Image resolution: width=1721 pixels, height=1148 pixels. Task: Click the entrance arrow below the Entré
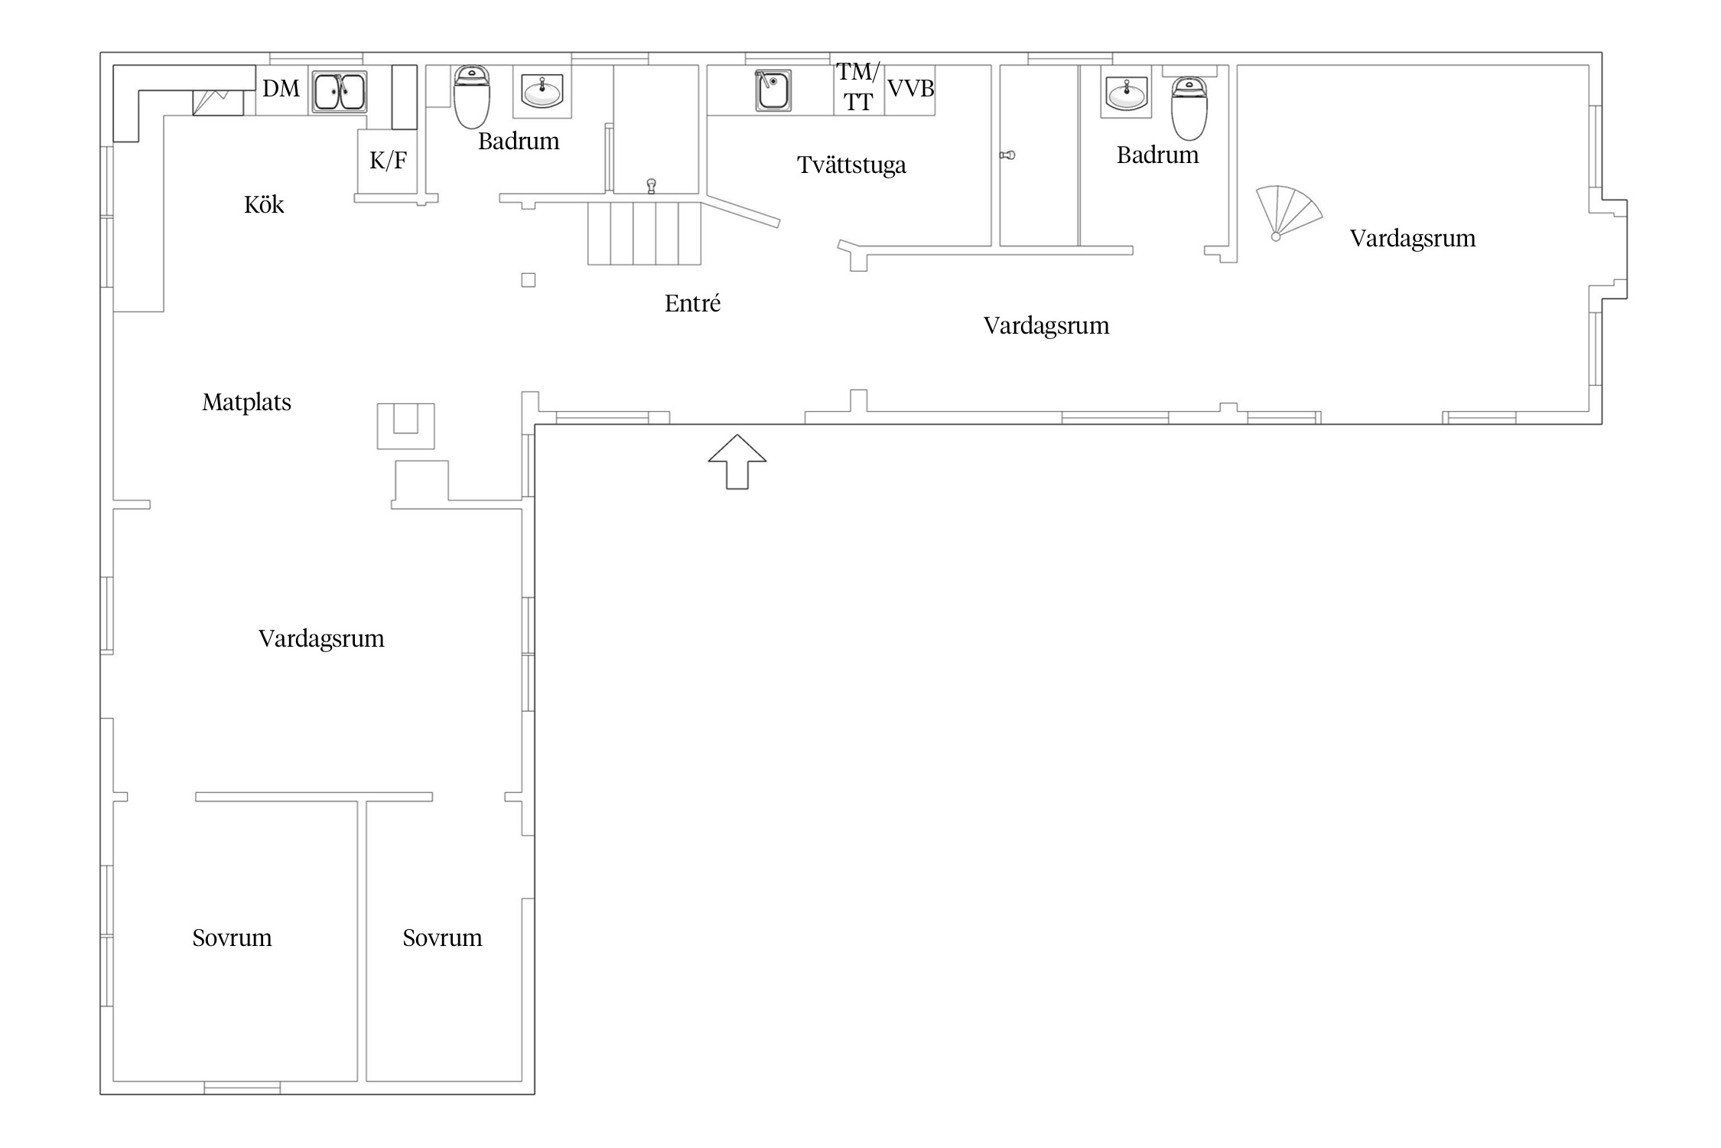pos(737,461)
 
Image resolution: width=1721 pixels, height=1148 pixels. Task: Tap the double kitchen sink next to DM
pos(340,92)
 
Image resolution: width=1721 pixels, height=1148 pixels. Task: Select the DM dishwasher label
pos(281,89)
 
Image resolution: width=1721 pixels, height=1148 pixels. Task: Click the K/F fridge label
pos(389,160)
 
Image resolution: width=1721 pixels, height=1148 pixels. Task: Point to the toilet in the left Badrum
pos(472,96)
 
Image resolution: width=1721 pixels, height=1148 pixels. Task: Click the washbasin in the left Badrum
pos(542,92)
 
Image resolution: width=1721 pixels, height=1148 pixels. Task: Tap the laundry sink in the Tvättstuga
pos(773,90)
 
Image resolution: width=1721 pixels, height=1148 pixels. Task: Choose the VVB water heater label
pos(910,89)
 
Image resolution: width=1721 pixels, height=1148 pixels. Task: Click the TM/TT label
pos(858,86)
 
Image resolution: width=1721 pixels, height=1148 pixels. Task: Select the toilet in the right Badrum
pos(1189,108)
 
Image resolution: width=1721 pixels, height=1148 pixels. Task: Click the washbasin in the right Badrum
pos(1127,93)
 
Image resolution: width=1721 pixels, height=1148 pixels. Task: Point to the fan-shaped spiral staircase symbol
pos(1287,214)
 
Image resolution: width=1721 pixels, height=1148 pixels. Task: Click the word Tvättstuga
pos(851,165)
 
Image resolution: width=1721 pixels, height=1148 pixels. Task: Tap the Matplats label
pos(246,402)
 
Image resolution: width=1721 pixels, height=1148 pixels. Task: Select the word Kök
pos(264,204)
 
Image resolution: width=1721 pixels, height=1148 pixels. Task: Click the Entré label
pos(692,303)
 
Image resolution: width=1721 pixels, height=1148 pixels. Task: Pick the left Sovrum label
pos(232,938)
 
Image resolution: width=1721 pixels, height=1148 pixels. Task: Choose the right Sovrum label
pos(442,938)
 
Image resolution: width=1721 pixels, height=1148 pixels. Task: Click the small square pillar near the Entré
pos(529,280)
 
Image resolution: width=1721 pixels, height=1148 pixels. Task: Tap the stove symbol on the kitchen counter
pos(218,103)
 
